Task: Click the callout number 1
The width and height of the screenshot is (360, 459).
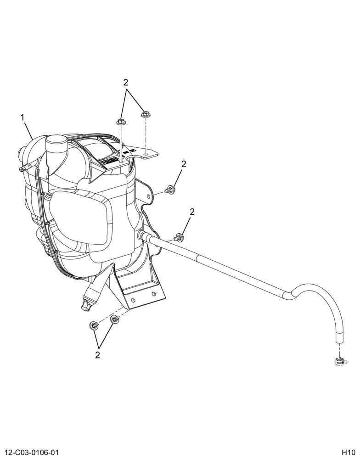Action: (22, 118)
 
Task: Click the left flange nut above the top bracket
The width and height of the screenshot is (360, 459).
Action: (121, 122)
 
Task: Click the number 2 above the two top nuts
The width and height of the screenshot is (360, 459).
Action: (126, 83)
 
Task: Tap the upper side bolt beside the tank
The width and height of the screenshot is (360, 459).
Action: (170, 189)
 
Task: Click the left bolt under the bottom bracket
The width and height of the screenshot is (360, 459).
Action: (93, 325)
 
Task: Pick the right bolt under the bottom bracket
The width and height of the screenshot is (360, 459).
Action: (115, 319)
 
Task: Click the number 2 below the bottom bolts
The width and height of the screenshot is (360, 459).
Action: (97, 355)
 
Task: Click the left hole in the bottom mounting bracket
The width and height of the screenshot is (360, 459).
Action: (133, 301)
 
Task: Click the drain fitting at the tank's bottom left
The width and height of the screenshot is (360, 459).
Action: (89, 299)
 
